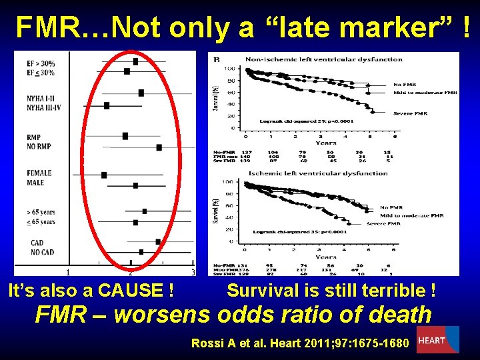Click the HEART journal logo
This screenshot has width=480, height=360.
coord(437,339)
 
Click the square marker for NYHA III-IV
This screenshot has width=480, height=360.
coord(107,105)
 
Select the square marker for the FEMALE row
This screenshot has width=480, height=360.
coord(104,175)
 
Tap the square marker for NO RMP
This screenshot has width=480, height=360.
coord(159,147)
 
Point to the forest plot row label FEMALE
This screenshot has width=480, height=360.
coord(39,173)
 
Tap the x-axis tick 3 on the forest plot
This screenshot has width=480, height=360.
coord(193,272)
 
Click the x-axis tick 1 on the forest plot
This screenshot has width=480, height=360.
coord(69,272)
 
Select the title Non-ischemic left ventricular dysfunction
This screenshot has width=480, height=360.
coord(324,59)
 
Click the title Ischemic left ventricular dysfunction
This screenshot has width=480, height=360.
coord(317,173)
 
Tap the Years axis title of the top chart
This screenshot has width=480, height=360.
coord(326,143)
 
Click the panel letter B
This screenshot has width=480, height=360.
coord(216,60)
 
